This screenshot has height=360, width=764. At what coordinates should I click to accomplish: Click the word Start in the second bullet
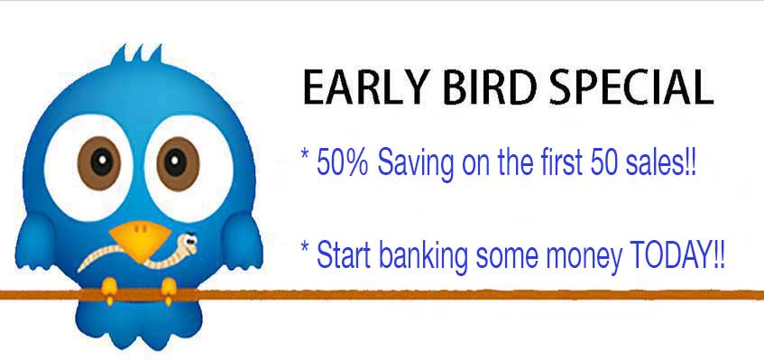[x=345, y=254]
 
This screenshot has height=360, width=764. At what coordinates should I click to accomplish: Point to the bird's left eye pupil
[x=101, y=162]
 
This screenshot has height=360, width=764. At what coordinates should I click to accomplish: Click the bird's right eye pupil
[x=175, y=162]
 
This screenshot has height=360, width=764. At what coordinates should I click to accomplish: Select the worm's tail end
[x=80, y=269]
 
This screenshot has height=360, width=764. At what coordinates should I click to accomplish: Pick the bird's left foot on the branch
[x=109, y=291]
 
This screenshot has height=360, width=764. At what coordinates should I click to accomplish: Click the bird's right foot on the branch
[x=169, y=291]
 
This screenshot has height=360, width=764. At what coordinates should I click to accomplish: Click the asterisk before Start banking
[x=305, y=246]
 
